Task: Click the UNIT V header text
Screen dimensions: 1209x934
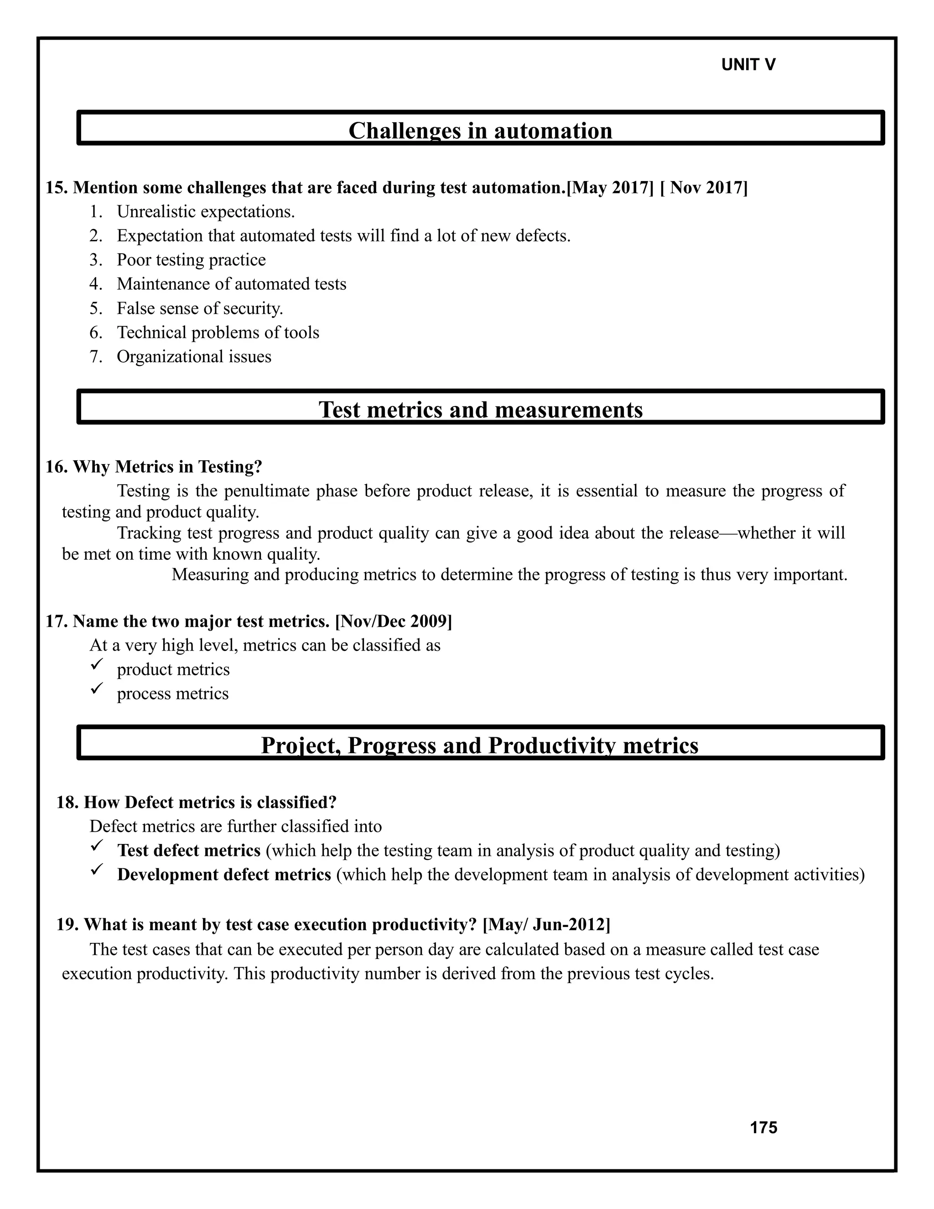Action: pyautogui.click(x=748, y=65)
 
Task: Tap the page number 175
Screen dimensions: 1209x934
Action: pyautogui.click(x=763, y=1128)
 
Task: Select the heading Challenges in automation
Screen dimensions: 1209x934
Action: pyautogui.click(x=480, y=130)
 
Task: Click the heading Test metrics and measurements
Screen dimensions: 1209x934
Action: pyautogui.click(x=480, y=410)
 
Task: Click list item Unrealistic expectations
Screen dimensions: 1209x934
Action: pyautogui.click(x=205, y=212)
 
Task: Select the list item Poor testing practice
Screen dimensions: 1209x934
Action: pyautogui.click(x=191, y=260)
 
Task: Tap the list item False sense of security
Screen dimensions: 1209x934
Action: pyautogui.click(x=200, y=308)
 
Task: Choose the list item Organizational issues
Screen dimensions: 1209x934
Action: pyautogui.click(x=194, y=356)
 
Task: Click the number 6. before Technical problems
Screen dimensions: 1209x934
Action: pyautogui.click(x=96, y=332)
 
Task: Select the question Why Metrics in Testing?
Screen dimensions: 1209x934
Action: pyautogui.click(x=167, y=467)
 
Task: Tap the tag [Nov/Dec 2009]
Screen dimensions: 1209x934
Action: pyautogui.click(x=394, y=621)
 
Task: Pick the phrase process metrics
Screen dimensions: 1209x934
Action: pyautogui.click(x=173, y=693)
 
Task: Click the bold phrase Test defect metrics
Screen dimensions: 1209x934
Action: pyautogui.click(x=189, y=850)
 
